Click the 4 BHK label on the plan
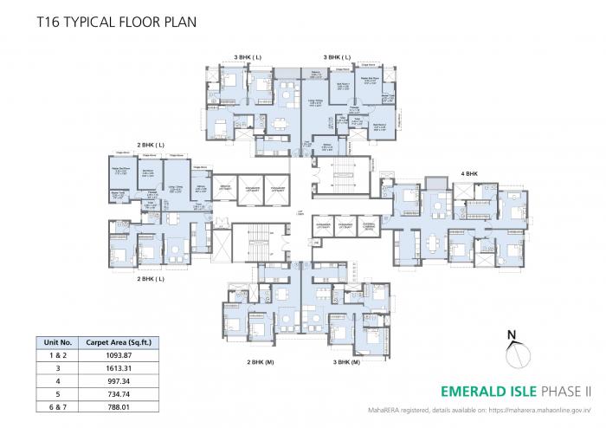469,173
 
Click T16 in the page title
49,19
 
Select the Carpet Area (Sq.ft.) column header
119,341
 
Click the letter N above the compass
513,334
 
